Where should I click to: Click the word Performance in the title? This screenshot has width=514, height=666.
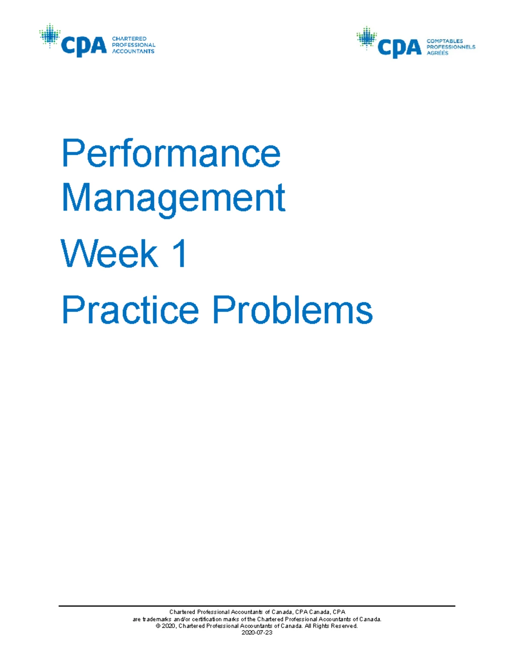point(171,153)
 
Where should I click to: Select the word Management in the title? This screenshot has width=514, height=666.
point(173,198)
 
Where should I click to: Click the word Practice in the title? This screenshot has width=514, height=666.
point(130,310)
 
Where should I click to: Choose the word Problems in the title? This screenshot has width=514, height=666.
point(293,310)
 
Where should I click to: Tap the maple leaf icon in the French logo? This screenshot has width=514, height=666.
point(366,38)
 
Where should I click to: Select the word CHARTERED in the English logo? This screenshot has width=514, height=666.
point(129,39)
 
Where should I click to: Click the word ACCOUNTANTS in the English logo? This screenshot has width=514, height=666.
point(133,51)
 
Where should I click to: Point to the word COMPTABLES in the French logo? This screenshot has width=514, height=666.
point(445,41)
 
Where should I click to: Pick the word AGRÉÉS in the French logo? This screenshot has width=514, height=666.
point(437,53)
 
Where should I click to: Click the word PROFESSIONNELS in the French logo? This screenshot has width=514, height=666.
point(451,47)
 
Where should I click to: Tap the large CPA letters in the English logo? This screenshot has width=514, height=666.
point(84,46)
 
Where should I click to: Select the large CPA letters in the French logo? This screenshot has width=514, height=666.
point(400,48)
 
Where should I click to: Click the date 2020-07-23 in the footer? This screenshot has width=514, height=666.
point(257,633)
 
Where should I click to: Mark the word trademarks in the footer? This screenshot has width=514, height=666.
point(157,619)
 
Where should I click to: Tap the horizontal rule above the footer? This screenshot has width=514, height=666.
point(257,606)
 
